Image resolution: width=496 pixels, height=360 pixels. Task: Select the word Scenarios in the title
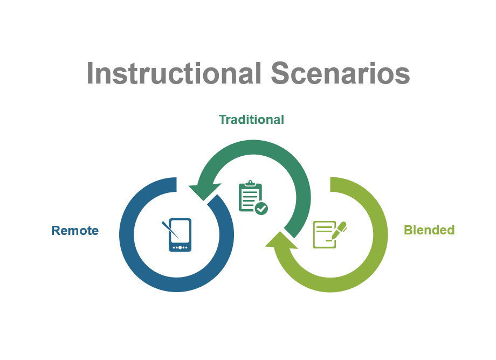point(340,73)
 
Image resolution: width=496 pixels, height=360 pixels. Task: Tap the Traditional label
point(251,120)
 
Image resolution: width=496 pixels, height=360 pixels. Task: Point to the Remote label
point(75,231)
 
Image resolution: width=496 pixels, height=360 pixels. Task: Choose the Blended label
point(429,230)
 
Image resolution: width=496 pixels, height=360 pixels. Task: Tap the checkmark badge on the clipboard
point(261,208)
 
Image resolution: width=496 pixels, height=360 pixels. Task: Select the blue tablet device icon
point(180,235)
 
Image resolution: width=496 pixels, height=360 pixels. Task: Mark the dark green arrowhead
point(203,190)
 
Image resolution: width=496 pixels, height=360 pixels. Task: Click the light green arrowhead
point(280,242)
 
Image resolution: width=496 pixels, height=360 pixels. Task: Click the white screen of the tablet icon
point(180,231)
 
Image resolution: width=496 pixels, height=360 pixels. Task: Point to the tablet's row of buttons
point(180,247)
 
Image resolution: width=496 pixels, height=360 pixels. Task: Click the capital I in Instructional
point(90,73)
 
